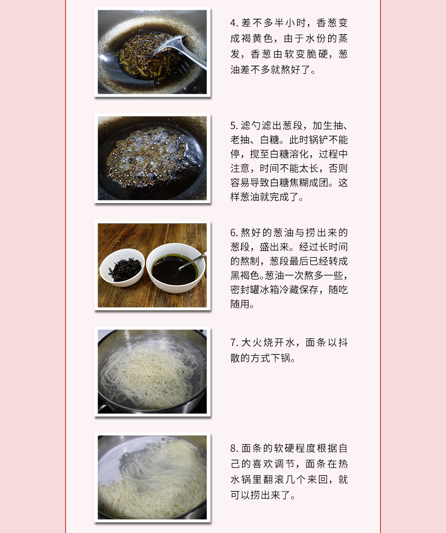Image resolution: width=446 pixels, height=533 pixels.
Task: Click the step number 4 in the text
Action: tap(233, 23)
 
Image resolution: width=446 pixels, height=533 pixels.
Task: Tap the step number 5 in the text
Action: tap(233, 126)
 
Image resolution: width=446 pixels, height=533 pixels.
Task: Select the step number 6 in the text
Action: tap(233, 233)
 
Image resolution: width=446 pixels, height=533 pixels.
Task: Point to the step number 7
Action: tap(233, 343)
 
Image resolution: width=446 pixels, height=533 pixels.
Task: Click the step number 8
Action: tap(233, 449)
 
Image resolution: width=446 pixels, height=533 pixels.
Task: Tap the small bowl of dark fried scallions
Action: tap(122, 268)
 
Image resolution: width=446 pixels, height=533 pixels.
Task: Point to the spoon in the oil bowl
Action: tap(192, 261)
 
